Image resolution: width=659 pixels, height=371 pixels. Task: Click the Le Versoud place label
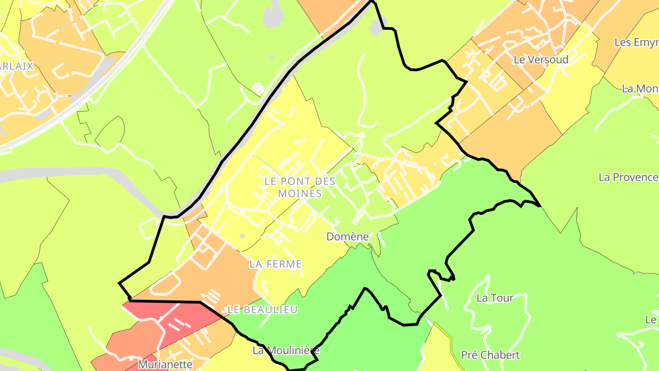(x=541, y=60)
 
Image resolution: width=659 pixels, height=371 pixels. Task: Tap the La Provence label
(x=628, y=177)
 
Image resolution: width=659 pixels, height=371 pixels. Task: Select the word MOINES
(x=300, y=193)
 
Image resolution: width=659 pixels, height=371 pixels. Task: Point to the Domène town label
(x=347, y=237)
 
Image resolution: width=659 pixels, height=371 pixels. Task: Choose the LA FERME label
(x=275, y=264)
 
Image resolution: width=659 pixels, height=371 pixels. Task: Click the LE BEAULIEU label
(x=263, y=310)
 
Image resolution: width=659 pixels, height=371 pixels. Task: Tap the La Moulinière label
(x=286, y=351)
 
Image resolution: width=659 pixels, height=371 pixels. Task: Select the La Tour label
(x=495, y=298)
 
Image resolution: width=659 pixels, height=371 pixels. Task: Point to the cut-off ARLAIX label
(x=16, y=66)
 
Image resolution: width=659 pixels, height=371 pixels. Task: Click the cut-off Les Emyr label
(x=636, y=42)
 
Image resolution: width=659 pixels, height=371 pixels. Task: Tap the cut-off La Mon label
(x=640, y=89)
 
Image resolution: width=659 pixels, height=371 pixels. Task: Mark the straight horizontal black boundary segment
(x=165, y=301)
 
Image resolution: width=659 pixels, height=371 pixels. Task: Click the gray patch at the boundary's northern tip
(x=378, y=27)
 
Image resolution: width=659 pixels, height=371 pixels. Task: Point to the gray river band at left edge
(x=55, y=173)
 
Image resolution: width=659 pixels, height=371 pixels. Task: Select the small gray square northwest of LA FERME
(x=242, y=236)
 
